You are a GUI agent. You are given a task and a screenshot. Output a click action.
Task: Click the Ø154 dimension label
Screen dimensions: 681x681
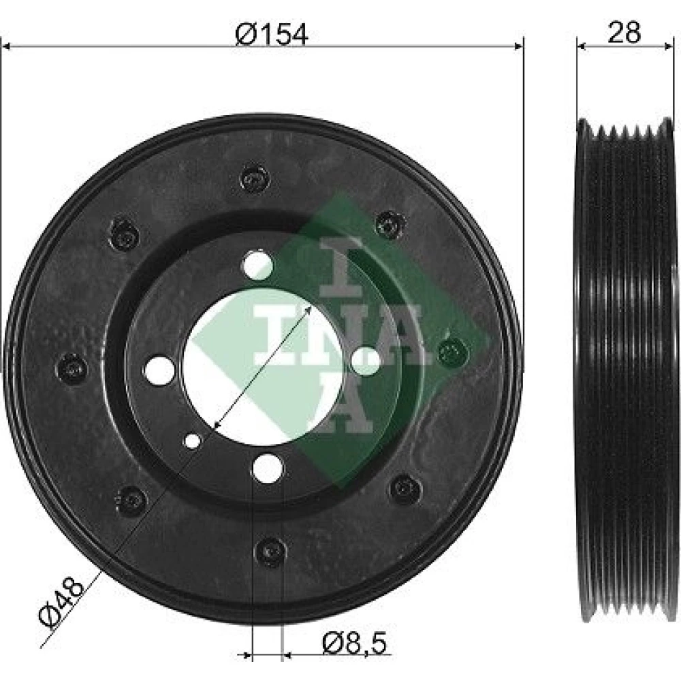pos(272,33)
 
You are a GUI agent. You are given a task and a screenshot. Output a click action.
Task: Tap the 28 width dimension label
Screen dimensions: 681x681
pos(624,32)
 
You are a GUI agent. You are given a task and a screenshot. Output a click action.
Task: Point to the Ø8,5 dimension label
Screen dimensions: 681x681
pos(354,644)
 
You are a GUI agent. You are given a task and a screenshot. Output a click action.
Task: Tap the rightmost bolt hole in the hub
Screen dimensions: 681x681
pos(366,360)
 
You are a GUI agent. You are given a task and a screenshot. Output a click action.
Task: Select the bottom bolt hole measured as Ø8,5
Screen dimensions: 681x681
pos(267,469)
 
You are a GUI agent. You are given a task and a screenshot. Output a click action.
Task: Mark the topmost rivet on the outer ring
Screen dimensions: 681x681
pos(255,178)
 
